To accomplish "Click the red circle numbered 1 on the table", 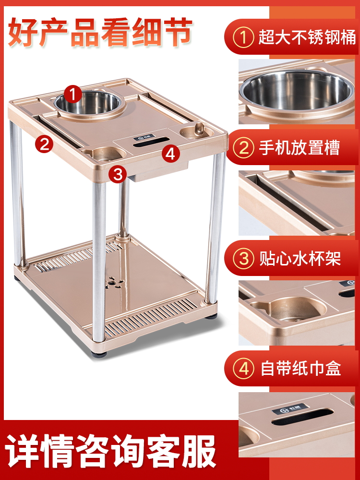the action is [73, 94].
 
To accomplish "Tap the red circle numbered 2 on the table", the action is [44, 144].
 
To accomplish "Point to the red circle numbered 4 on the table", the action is [170, 154].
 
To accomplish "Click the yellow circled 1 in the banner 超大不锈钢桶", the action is [244, 37].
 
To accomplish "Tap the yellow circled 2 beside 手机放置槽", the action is [244, 148].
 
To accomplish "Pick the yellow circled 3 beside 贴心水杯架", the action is [244, 258].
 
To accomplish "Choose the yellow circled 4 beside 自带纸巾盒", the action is [244, 369].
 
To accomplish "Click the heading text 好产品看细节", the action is [100, 32].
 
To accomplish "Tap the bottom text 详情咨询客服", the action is [110, 451].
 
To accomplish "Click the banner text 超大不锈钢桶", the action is [307, 37].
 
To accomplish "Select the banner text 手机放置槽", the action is [300, 148].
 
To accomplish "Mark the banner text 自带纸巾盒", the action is [300, 369].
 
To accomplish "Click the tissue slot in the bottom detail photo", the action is [302, 417].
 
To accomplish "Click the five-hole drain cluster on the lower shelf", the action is [113, 283].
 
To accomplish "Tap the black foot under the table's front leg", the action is [99, 354].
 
